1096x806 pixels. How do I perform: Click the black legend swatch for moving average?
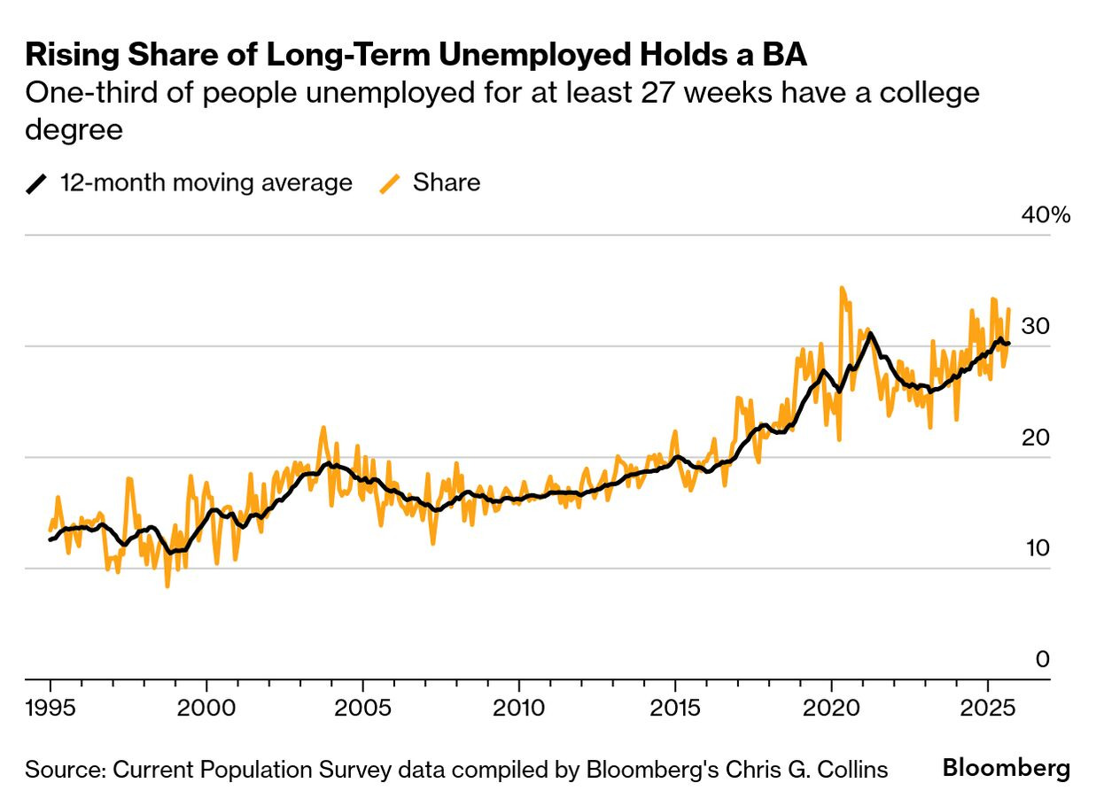37,183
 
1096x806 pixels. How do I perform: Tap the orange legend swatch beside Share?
390,183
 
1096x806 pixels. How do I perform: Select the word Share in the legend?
447,183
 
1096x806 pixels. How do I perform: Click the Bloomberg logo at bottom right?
1006,769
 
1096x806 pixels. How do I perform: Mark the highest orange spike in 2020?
841,288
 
